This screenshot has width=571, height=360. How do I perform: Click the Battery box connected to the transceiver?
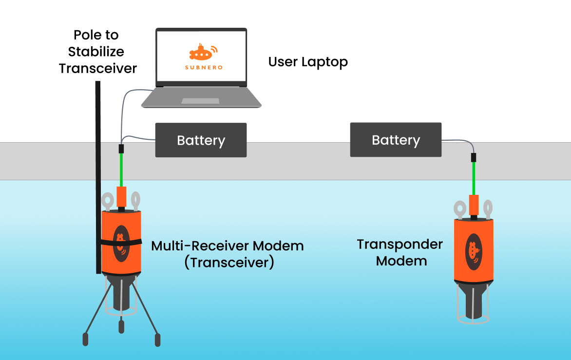[201, 140]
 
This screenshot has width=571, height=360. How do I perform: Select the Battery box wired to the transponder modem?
[396, 140]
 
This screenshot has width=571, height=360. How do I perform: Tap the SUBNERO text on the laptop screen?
[204, 67]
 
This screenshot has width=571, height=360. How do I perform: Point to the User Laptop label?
[308, 62]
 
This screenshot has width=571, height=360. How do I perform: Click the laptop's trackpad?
[200, 101]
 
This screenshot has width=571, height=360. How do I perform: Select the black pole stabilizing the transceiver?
[98, 175]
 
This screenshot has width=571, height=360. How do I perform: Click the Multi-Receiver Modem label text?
[227, 246]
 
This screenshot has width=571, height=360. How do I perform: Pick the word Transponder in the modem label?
[400, 244]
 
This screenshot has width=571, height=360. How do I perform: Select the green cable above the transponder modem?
[473, 178]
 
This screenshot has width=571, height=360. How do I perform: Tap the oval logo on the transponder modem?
[473, 251]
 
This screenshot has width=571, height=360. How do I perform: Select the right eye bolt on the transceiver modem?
[135, 199]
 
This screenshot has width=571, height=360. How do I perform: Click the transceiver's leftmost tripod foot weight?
[85, 339]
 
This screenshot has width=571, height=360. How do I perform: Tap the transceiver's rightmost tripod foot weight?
[157, 340]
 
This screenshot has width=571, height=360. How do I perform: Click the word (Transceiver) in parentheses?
[229, 262]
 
